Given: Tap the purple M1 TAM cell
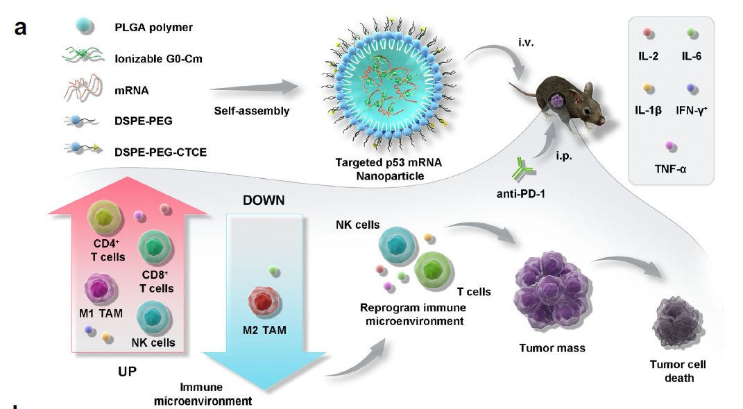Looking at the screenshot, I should pos(101,287).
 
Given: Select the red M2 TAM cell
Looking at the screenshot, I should pos(264,304).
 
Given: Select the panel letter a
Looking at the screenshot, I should pos(20,29).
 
